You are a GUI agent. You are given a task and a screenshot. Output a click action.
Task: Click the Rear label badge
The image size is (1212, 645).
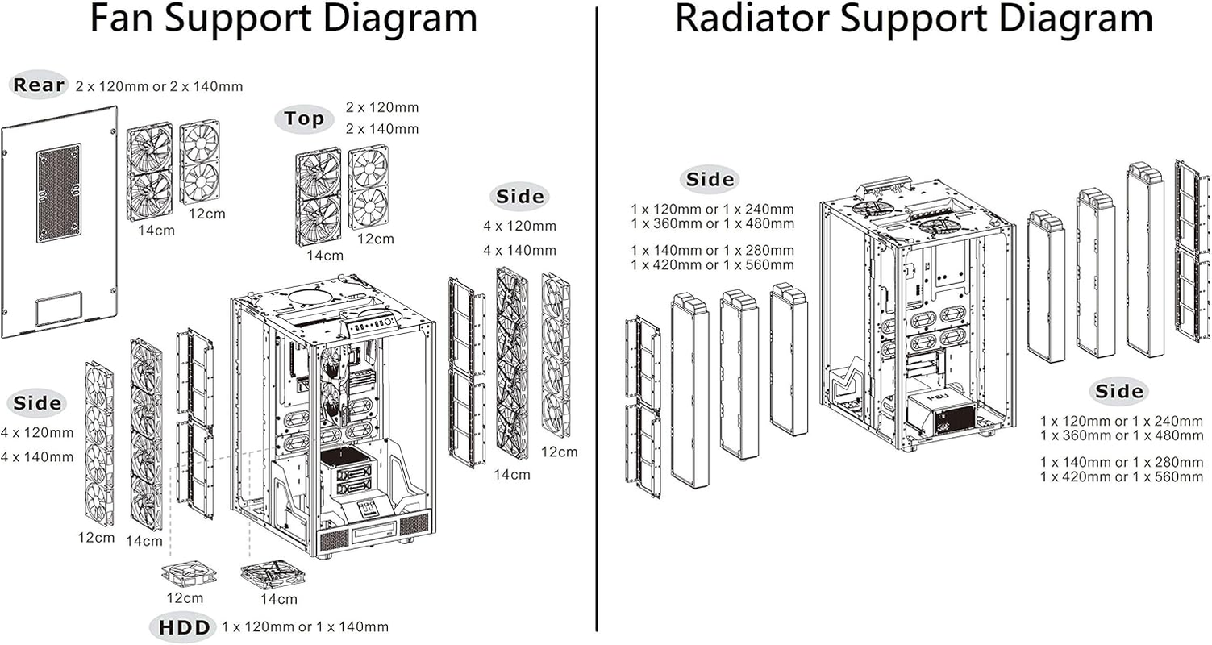[39, 85]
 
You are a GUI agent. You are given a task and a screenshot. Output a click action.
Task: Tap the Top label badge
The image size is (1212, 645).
[304, 119]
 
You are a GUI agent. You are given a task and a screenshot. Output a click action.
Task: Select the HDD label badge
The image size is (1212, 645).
[183, 626]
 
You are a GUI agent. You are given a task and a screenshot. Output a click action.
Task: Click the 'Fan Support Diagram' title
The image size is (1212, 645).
[283, 19]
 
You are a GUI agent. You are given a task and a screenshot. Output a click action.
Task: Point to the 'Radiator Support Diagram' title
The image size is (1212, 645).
[913, 19]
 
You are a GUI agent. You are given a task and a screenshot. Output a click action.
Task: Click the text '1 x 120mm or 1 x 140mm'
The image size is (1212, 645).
[305, 626]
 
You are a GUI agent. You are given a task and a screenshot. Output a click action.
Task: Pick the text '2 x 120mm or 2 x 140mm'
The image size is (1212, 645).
[159, 85]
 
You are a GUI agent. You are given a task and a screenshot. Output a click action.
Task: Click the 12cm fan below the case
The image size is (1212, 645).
[188, 574]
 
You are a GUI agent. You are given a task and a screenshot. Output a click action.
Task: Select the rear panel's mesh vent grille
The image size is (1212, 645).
[59, 193]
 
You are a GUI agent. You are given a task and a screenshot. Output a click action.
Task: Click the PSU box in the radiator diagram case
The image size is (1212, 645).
[941, 411]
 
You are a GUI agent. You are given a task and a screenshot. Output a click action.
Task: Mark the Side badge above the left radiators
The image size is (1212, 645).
[710, 180]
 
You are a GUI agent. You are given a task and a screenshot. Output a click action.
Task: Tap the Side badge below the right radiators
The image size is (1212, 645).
[1119, 392]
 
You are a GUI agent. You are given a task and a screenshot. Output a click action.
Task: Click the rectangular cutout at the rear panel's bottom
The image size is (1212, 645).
[59, 308]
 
